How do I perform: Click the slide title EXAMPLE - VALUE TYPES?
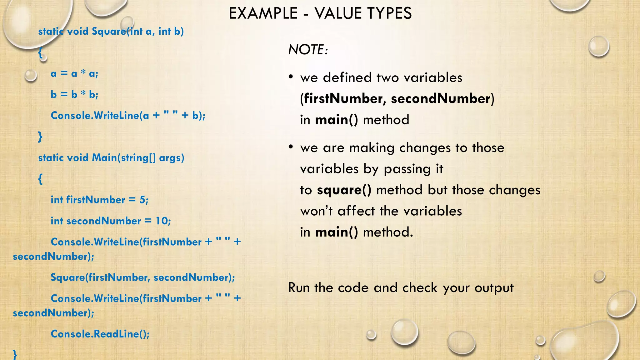(320, 13)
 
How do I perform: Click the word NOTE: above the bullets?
(308, 50)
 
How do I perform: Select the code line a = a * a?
(74, 74)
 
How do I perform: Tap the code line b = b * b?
(74, 95)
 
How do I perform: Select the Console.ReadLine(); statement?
(100, 334)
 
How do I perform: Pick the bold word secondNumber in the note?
(440, 99)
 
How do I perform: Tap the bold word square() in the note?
(344, 190)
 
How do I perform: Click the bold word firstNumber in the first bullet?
(343, 99)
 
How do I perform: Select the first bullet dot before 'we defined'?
(291, 77)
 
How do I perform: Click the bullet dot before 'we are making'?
(291, 147)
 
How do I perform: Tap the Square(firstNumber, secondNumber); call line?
(142, 277)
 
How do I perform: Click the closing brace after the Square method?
(40, 137)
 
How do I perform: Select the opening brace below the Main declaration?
(40, 179)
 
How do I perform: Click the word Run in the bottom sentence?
(299, 288)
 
